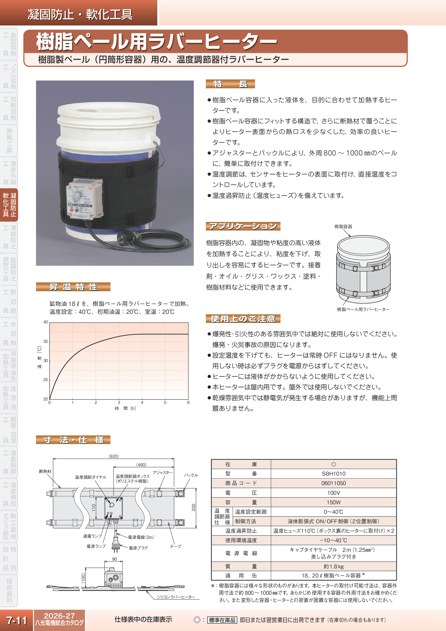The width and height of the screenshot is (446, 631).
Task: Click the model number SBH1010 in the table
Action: [x=333, y=474]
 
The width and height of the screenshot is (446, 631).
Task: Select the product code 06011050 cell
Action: [x=333, y=483]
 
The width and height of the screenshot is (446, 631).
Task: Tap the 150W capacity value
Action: [x=333, y=502]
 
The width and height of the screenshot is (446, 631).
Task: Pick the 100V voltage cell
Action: [x=333, y=493]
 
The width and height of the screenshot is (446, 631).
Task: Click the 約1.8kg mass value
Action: [x=333, y=566]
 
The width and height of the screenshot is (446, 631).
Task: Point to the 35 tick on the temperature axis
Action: [x=46, y=342]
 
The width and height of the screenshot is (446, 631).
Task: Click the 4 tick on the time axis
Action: [x=142, y=403]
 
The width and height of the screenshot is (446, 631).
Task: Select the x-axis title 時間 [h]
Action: [x=125, y=409]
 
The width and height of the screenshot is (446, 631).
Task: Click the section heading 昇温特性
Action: [x=73, y=287]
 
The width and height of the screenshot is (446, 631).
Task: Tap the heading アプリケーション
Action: [x=243, y=226]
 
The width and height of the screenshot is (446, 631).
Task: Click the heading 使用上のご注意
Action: [x=243, y=319]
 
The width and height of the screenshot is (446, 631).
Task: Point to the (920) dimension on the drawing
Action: [x=114, y=456]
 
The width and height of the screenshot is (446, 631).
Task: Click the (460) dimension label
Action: [x=141, y=465]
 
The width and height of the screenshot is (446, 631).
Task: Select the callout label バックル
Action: [x=191, y=475]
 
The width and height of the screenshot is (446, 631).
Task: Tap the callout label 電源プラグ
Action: [x=138, y=548]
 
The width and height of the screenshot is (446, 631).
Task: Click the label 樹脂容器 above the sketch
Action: [x=343, y=226]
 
